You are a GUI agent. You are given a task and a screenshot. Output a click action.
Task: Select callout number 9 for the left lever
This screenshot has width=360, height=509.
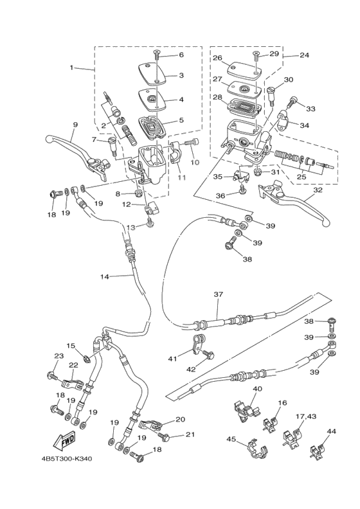pos(75,125)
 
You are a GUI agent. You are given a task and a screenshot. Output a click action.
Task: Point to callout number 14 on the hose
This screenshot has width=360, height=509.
pos(104,277)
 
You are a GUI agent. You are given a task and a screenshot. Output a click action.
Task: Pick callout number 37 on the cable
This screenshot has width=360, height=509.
pos(218,294)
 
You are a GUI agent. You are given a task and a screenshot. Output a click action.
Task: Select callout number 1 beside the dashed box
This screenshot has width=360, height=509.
pos(72,67)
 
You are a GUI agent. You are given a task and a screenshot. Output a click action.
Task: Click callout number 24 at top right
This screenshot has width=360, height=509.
pos(304,55)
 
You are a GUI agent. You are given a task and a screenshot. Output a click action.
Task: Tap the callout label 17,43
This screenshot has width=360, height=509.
pos(306,416)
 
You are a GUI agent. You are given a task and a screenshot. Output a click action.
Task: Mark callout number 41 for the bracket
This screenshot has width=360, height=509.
pos(172,359)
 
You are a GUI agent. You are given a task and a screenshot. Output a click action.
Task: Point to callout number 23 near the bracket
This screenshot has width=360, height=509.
pos(59,356)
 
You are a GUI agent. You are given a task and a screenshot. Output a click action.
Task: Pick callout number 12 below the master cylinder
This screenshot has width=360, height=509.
pos(127,204)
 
